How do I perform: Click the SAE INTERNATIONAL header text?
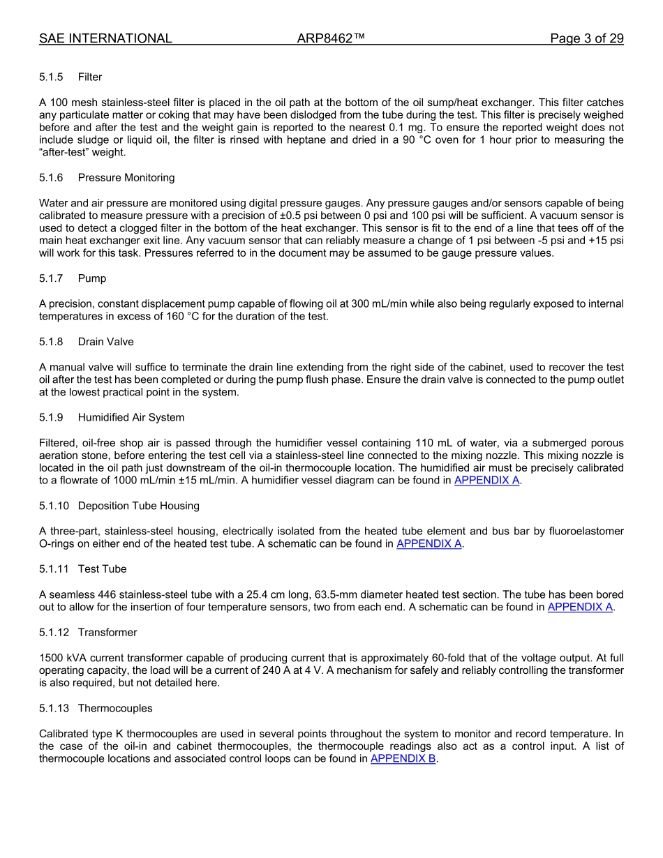[x=105, y=38]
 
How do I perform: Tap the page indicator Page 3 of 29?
[x=586, y=38]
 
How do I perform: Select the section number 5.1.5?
[x=51, y=77]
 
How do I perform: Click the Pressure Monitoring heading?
[x=126, y=178]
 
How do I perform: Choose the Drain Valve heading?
[x=106, y=342]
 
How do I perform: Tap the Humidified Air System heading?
[x=131, y=417]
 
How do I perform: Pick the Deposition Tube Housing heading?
[x=138, y=506]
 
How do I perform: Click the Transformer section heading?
[x=107, y=632]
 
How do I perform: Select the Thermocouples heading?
[x=115, y=708]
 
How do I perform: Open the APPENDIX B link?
[x=403, y=759]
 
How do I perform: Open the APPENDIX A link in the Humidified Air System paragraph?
[x=486, y=481]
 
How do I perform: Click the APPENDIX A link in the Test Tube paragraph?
[x=580, y=607]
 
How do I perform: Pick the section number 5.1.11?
[x=54, y=569]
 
